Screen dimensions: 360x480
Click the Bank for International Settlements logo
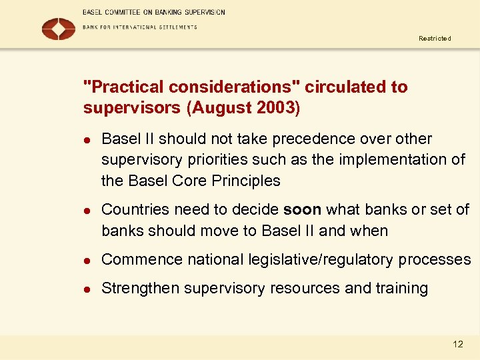coord(58,29)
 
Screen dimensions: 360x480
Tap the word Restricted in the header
coord(435,39)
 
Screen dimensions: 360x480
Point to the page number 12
coord(457,344)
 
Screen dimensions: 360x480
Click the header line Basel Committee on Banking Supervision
coord(154,12)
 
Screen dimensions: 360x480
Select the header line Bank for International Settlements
coord(140,27)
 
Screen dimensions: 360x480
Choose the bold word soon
coord(302,210)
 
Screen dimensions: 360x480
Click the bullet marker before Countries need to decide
coord(86,210)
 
